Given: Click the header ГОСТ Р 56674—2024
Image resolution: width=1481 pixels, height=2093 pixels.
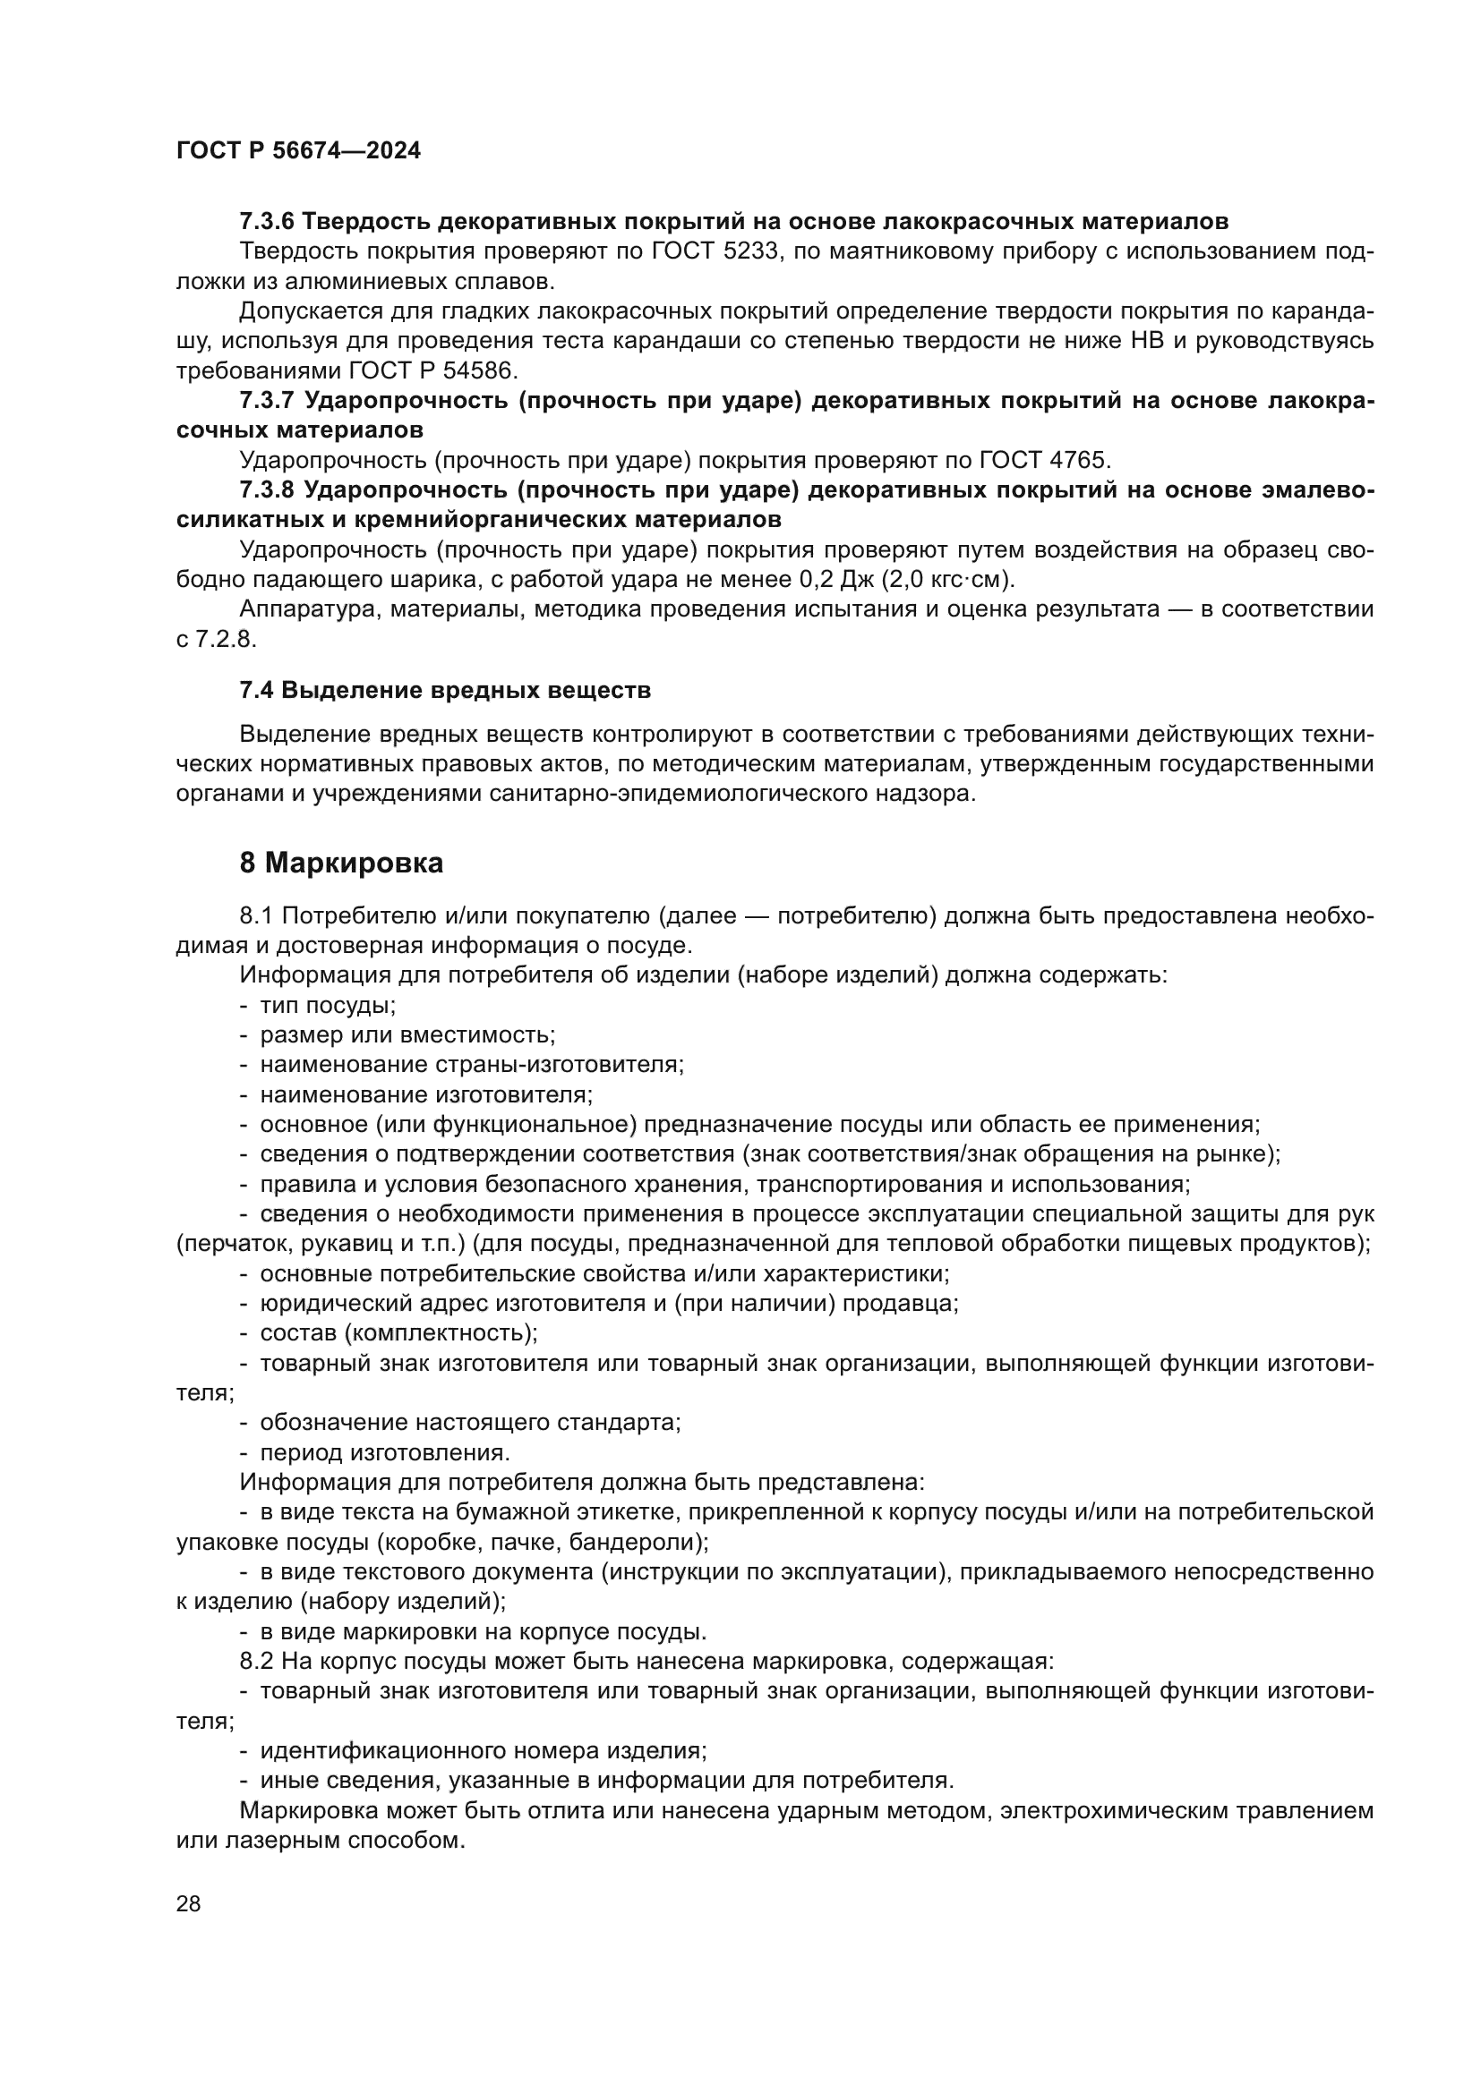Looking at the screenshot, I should click(x=298, y=151).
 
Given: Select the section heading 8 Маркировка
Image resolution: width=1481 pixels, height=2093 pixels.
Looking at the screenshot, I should click(x=341, y=863).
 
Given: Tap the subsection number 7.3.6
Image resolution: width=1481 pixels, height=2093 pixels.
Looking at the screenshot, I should click(x=266, y=222).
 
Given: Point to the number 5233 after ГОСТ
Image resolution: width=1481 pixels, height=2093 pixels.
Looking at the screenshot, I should click(x=752, y=251).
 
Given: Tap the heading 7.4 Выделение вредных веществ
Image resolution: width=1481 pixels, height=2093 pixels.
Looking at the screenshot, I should click(x=445, y=690).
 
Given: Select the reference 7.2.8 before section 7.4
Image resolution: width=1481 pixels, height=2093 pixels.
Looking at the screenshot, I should click(x=224, y=639).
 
